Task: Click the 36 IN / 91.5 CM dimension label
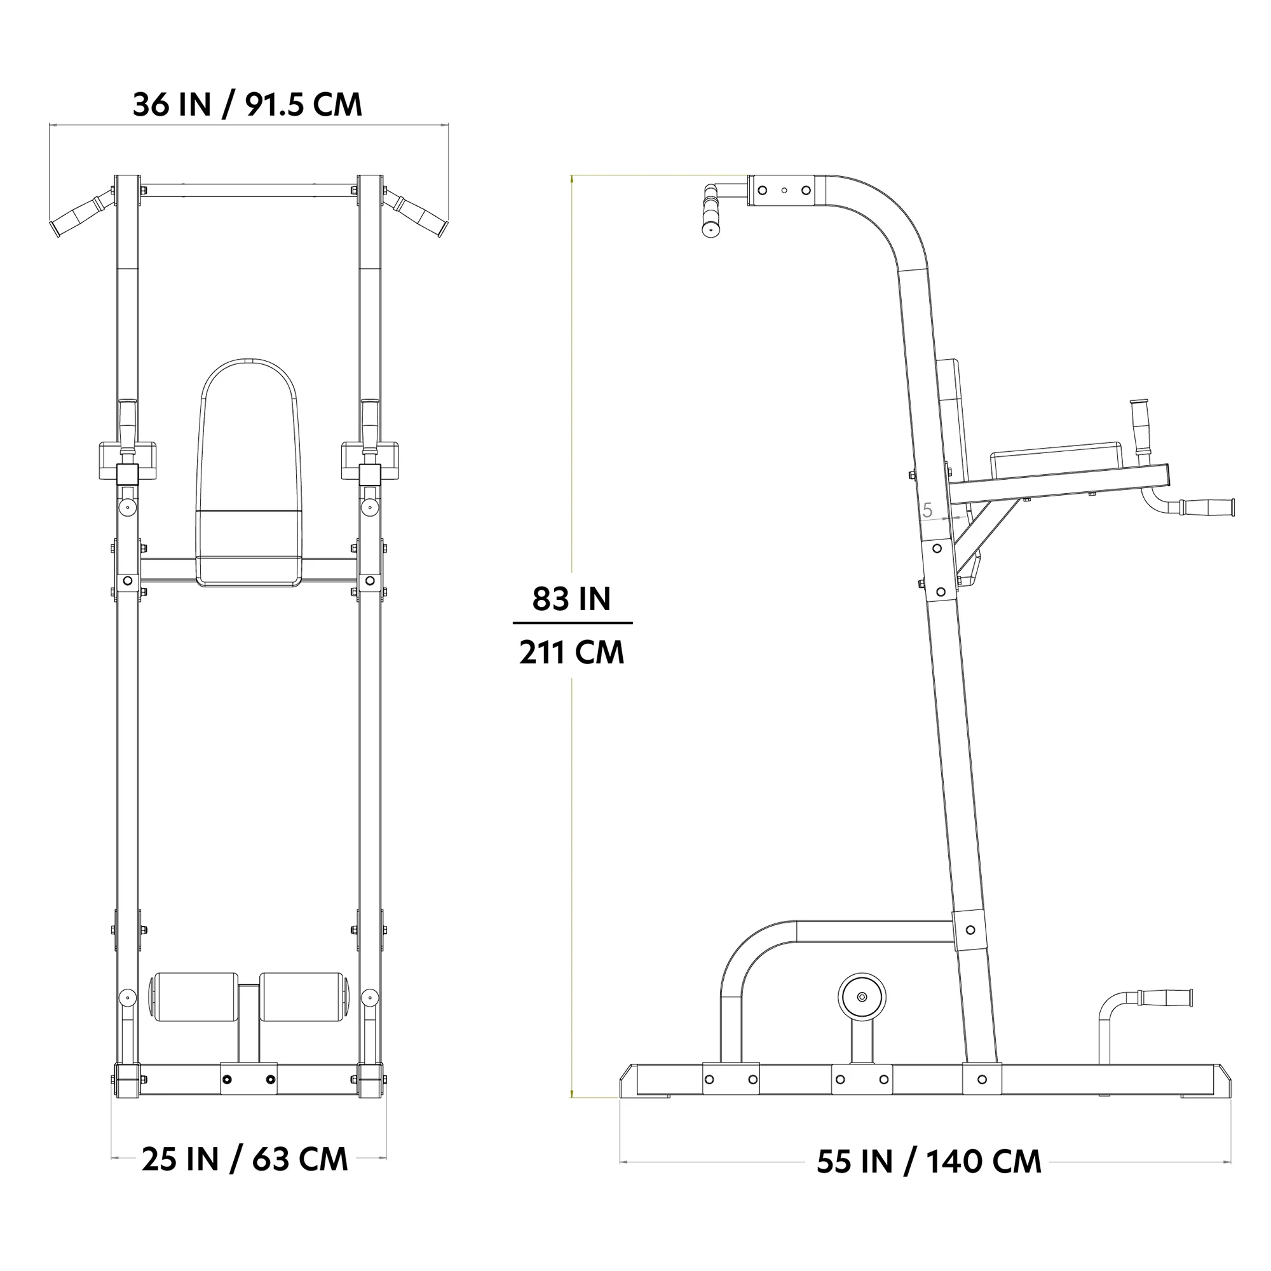[x=247, y=105]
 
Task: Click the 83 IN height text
[x=571, y=599]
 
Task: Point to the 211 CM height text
[x=571, y=653]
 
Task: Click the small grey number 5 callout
[x=928, y=510]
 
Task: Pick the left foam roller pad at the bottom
[x=195, y=996]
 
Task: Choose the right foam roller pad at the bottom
[x=301, y=996]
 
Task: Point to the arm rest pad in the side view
[x=1055, y=461]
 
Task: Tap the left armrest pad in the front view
[x=128, y=459]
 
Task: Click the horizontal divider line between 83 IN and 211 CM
[x=573, y=622]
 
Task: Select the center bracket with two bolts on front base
[x=248, y=1079]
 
